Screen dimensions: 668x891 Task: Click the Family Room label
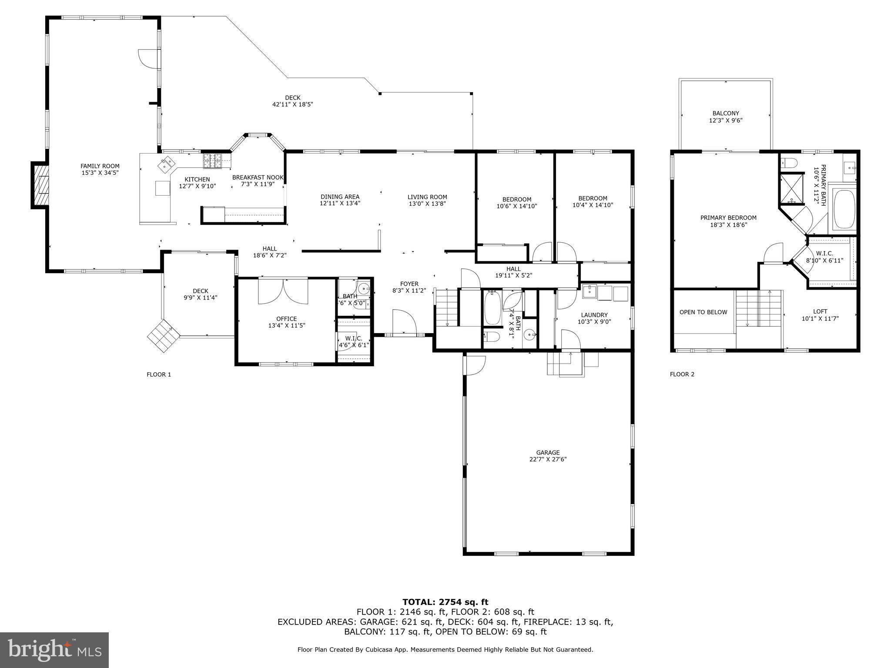click(x=100, y=166)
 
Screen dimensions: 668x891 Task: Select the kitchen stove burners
click(x=211, y=161)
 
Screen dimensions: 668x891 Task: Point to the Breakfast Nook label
click(x=258, y=177)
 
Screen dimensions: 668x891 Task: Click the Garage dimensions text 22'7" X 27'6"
click(x=548, y=459)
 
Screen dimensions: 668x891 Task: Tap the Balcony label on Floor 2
click(x=726, y=113)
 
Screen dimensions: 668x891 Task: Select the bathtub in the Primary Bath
click(x=844, y=209)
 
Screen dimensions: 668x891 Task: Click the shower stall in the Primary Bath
click(x=792, y=189)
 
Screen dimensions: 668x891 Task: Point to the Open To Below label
click(x=703, y=312)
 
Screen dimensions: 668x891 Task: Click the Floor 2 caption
click(x=682, y=374)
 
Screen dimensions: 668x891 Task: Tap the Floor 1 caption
click(x=159, y=374)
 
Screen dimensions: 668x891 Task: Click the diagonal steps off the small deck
click(x=163, y=336)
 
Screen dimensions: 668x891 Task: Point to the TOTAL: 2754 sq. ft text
click(x=445, y=602)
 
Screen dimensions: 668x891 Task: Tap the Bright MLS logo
click(x=54, y=650)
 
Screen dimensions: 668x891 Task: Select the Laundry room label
click(x=594, y=315)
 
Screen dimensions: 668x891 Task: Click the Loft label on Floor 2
click(x=820, y=311)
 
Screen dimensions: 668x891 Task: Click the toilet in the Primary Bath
click(x=790, y=163)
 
